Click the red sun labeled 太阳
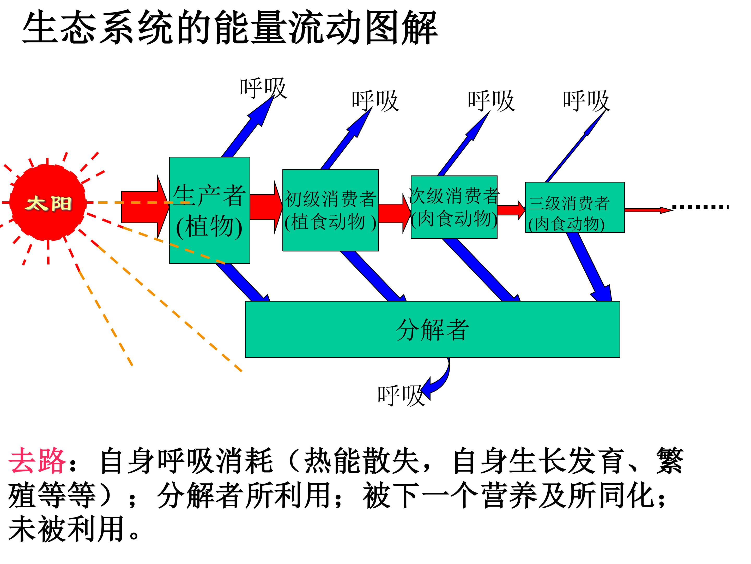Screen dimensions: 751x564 tap(48, 203)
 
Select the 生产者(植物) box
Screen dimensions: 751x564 tap(209, 210)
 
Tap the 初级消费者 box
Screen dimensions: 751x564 tap(330, 210)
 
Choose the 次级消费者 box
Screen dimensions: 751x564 tap(454, 207)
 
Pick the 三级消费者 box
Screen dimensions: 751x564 tap(575, 207)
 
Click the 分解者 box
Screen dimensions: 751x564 tap(433, 329)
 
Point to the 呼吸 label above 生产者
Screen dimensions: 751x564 tap(263, 88)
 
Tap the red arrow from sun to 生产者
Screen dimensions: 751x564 tap(145, 207)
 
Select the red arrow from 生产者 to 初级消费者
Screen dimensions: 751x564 tap(267, 207)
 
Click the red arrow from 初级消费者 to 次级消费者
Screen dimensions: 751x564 tap(395, 214)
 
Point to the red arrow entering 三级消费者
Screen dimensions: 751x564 tap(511, 210)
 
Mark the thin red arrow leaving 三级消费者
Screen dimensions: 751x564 tap(649, 210)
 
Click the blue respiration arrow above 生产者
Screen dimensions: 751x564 tap(248, 126)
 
